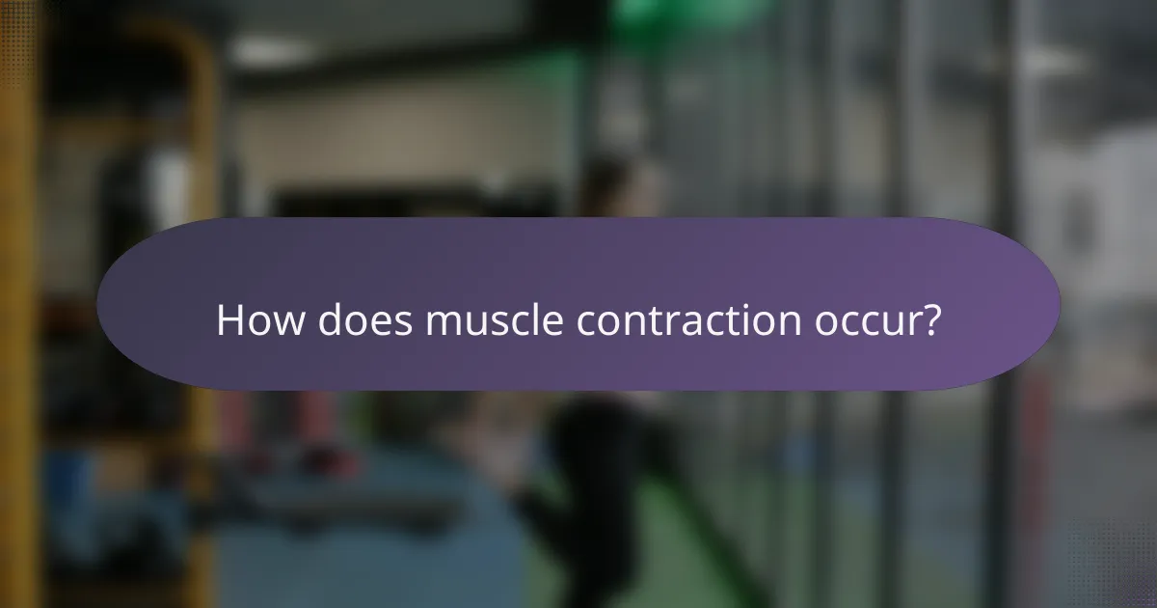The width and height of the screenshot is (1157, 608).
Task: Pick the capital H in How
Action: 229,320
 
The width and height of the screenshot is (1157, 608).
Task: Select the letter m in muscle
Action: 445,323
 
